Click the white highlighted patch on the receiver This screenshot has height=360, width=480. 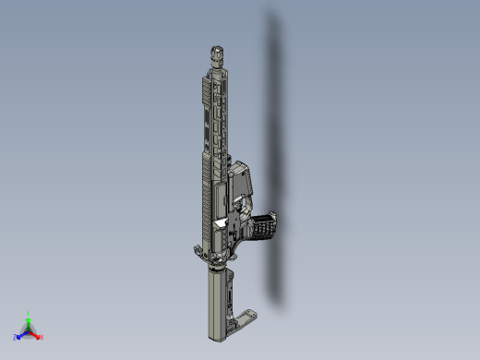[222, 223]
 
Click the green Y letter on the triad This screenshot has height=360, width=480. [30, 313]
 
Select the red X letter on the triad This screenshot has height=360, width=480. [42, 336]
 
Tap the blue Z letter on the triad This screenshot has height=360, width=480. [16, 337]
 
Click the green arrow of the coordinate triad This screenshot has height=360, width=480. [29, 321]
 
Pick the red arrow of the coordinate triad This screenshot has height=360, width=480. [35, 333]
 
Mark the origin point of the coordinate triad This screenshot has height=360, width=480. [29, 330]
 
